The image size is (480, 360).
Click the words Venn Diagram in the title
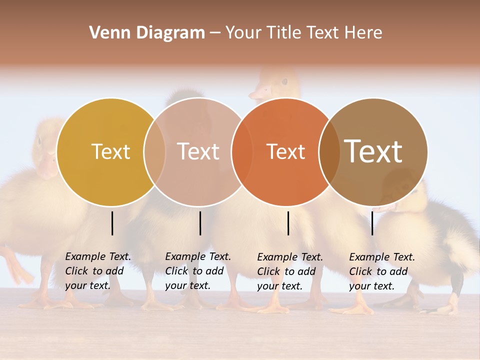(x=147, y=33)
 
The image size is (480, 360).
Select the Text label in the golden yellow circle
(x=110, y=151)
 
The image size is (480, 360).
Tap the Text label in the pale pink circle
(x=198, y=151)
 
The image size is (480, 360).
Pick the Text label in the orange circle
(x=285, y=151)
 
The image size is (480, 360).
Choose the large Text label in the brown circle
(x=373, y=151)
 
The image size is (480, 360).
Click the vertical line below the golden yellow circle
(x=112, y=223)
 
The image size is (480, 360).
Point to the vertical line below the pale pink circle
(x=200, y=223)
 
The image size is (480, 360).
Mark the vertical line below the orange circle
(x=288, y=223)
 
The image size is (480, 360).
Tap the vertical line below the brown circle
(x=372, y=223)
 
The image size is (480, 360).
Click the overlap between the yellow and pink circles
(x=154, y=151)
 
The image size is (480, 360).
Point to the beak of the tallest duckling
(x=258, y=93)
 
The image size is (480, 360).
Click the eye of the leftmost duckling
(x=39, y=140)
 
